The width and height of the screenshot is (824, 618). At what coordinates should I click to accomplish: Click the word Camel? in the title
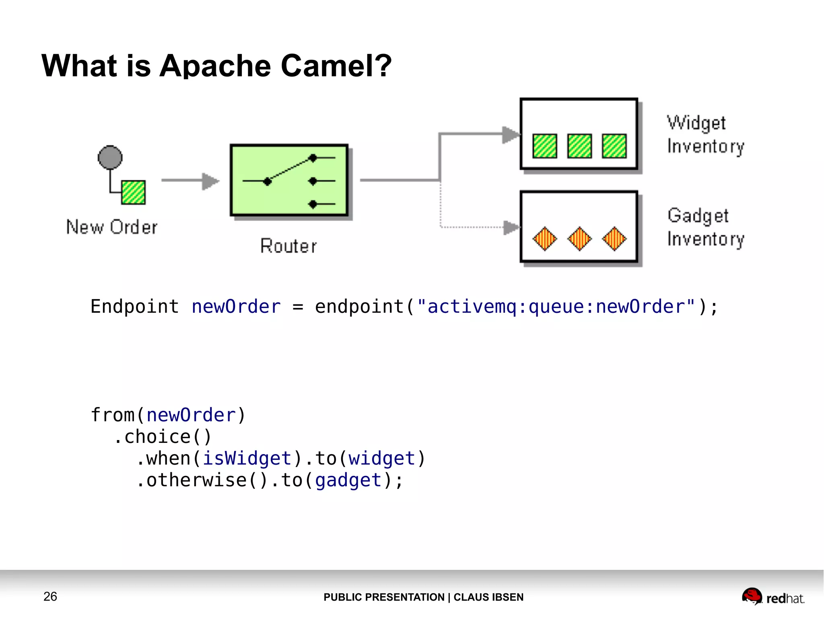pos(336,66)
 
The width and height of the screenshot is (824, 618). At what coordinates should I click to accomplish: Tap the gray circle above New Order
pos(110,157)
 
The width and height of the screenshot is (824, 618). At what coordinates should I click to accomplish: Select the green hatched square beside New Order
pos(133,192)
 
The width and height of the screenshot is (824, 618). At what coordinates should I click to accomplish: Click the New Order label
pos(112,227)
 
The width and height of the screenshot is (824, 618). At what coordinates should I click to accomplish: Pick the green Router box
pos(289,180)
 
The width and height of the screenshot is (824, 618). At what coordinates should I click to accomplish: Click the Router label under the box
pos(288,246)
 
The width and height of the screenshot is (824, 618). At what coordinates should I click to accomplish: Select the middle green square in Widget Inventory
pos(579,146)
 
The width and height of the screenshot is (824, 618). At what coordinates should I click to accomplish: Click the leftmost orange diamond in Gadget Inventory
pos(545,239)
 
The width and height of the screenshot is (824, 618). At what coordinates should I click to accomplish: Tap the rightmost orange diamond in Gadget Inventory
pos(614,239)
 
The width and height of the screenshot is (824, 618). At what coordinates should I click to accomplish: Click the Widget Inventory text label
pos(705,134)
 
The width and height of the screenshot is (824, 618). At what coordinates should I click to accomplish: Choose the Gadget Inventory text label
pos(705,227)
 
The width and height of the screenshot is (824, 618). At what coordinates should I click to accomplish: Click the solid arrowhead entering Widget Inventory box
pos(511,134)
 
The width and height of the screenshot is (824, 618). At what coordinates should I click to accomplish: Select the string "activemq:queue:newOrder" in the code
pos(556,307)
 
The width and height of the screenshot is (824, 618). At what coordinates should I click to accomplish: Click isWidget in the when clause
pos(247,459)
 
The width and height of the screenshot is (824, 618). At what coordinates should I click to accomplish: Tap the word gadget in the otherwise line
pos(348,480)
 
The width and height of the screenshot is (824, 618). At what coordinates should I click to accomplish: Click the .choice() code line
pos(163,437)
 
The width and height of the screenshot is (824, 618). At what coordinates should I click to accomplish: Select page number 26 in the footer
pos(50,596)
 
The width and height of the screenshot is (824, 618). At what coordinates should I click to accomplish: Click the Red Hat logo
pos(772,597)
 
